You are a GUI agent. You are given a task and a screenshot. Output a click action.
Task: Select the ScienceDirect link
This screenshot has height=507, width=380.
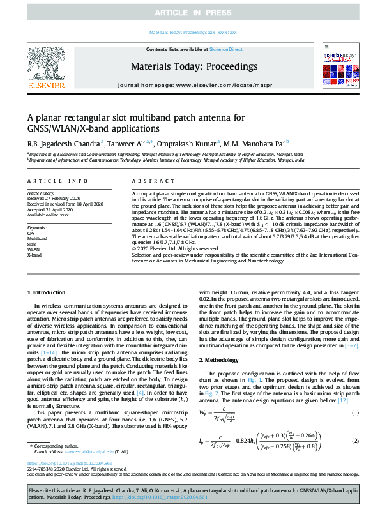tap(226, 50)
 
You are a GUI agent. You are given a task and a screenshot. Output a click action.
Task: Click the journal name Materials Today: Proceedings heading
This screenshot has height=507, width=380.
tap(194, 66)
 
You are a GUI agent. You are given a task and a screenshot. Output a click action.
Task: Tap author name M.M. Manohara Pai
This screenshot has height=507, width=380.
tap(254, 143)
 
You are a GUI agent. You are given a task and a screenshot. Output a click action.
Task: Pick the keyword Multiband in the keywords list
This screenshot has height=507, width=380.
tap(37, 236)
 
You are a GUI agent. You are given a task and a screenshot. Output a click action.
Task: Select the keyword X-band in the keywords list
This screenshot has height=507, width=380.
tap(34, 253)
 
